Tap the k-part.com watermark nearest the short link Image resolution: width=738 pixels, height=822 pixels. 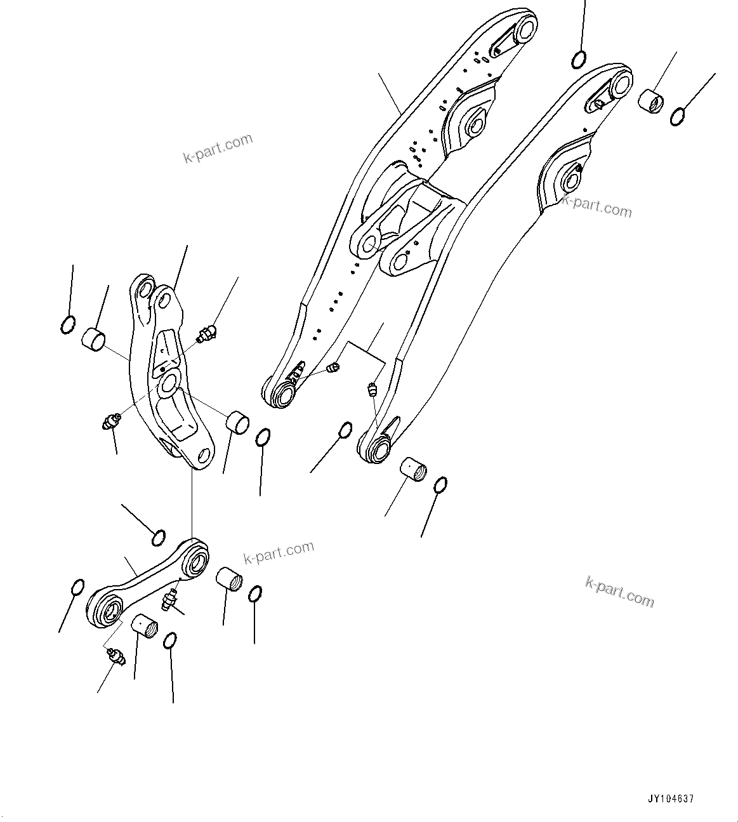[279, 552]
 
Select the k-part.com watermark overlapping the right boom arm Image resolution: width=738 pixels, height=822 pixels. [597, 206]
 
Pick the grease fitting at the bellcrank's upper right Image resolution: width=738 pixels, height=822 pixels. [206, 333]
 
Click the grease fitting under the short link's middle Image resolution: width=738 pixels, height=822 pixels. [170, 599]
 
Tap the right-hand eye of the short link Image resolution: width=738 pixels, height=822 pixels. [196, 560]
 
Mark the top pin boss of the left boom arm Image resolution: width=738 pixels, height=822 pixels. [525, 29]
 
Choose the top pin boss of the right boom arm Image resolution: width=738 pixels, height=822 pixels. [620, 82]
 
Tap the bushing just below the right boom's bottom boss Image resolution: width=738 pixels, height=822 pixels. [413, 474]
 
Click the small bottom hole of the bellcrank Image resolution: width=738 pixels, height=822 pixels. [204, 456]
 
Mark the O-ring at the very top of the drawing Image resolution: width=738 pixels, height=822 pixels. [579, 59]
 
